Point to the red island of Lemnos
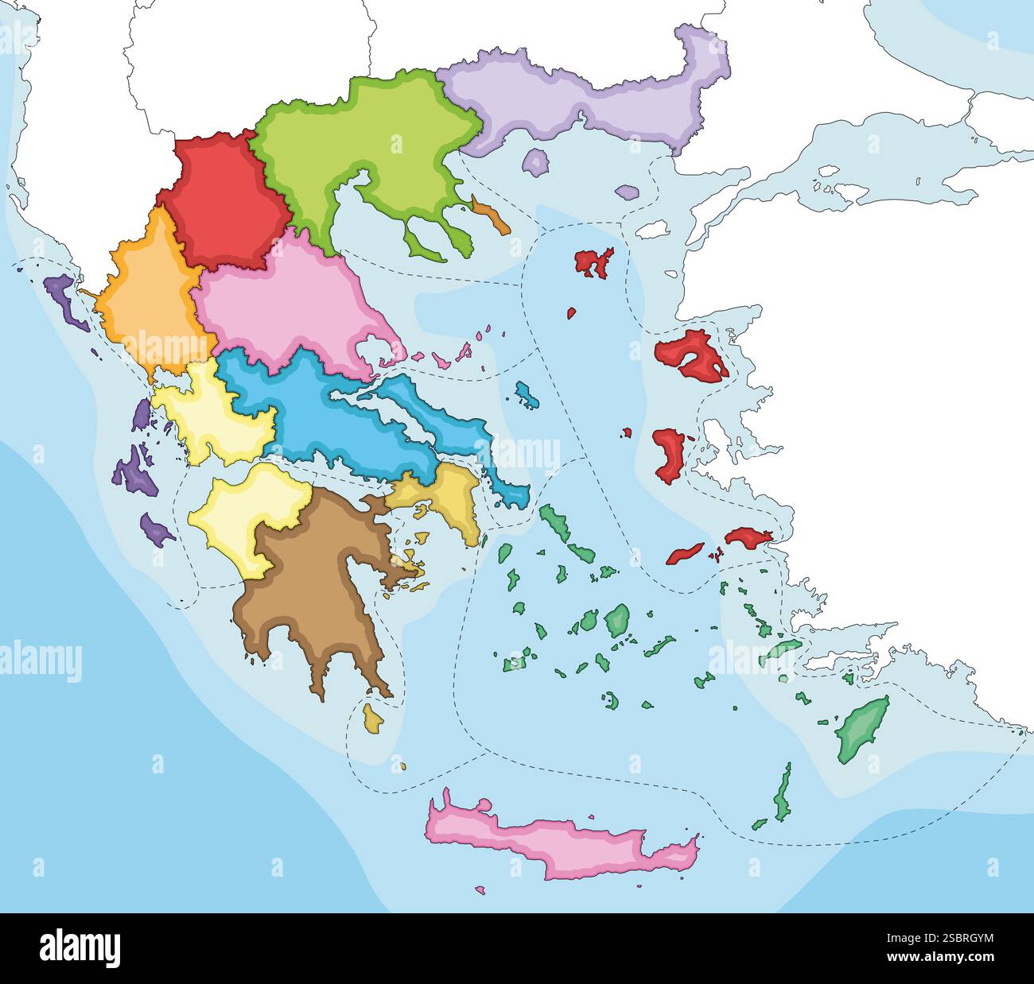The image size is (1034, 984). click(593, 263)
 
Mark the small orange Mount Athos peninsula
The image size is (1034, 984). click(491, 216)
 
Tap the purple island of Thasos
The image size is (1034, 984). click(536, 163)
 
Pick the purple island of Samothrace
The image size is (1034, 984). click(627, 192)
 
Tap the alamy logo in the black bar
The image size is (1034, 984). click(80, 948)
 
